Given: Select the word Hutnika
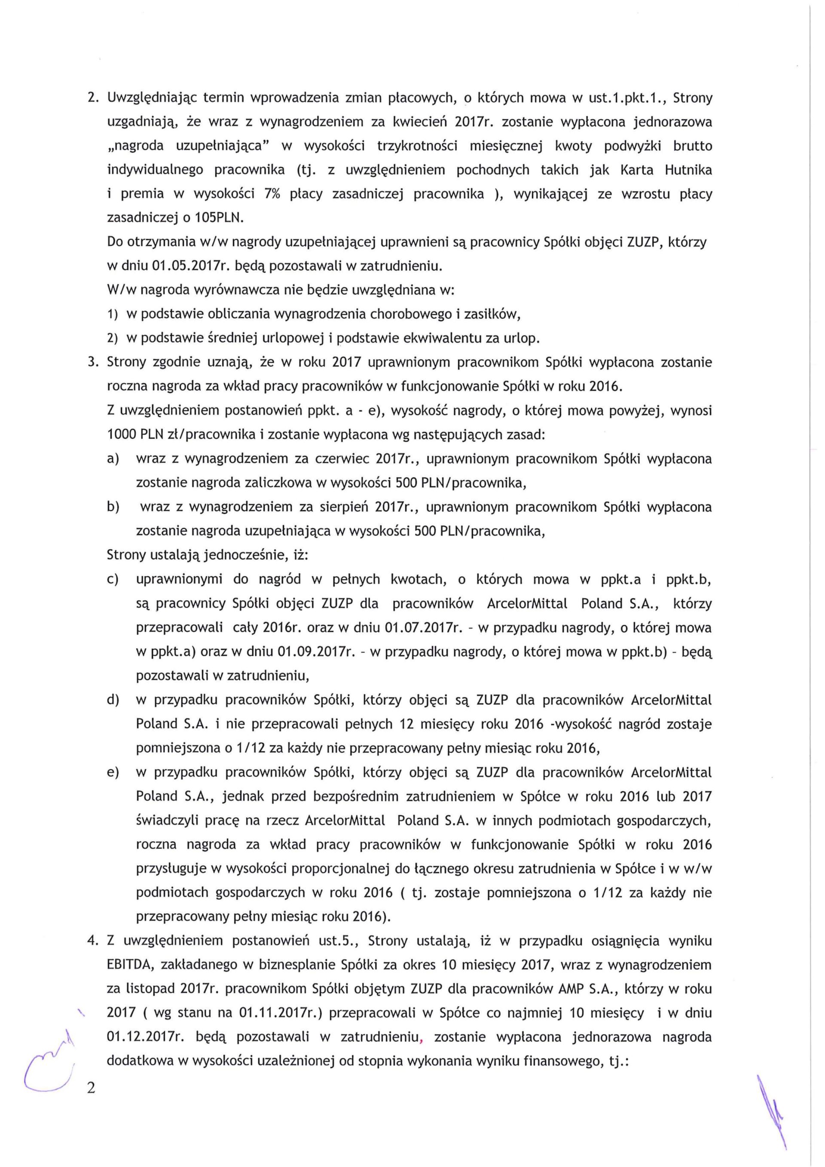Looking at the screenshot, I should pyautogui.click(x=688, y=170).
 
